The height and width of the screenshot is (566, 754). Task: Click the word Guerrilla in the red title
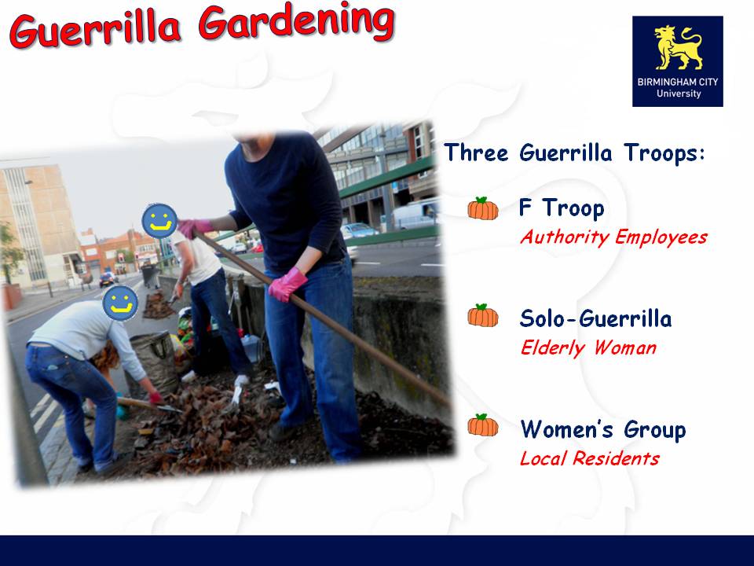click(96, 30)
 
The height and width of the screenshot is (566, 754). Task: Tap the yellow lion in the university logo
click(678, 48)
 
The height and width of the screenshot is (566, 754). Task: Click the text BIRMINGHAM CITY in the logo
click(678, 82)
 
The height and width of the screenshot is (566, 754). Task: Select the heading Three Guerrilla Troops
click(574, 153)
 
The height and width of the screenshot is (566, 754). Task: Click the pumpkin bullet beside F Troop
click(483, 208)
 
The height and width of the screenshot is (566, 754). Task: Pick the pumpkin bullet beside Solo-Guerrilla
click(483, 316)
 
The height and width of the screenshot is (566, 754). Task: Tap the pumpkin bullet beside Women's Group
click(483, 425)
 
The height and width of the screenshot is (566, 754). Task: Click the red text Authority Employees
click(613, 237)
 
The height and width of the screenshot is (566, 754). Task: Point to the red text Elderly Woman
click(588, 347)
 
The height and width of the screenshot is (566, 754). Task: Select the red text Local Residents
click(589, 458)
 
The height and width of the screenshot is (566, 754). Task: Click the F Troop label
click(562, 208)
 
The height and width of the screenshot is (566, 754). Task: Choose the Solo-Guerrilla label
click(595, 318)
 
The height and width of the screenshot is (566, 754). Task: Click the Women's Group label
click(603, 429)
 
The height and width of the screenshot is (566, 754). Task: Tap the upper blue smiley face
click(159, 221)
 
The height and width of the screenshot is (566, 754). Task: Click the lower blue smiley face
click(120, 303)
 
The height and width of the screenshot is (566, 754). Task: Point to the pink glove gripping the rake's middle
click(287, 285)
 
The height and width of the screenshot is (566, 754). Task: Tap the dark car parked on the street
click(108, 279)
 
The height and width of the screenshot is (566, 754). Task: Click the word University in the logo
click(679, 94)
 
